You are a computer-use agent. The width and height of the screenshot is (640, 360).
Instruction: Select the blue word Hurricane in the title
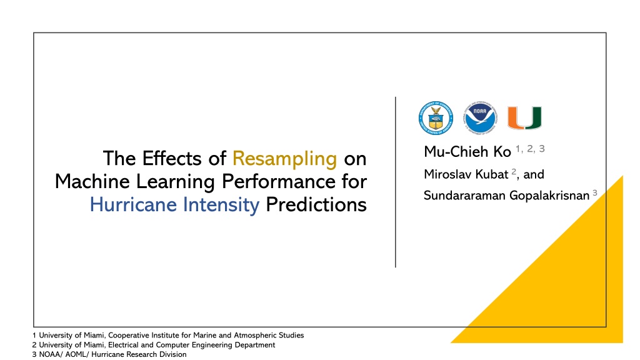133,204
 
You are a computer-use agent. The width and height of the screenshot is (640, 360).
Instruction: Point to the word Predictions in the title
316,204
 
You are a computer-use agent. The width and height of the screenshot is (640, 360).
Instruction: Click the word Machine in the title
92,181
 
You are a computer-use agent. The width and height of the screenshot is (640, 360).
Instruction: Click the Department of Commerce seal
436,118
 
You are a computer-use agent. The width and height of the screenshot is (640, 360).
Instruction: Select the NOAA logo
479,118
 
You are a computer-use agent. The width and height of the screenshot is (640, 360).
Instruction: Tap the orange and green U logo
524,118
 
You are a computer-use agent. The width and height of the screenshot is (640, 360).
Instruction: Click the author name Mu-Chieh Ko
467,152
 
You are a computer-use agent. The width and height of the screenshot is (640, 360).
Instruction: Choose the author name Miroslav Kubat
466,175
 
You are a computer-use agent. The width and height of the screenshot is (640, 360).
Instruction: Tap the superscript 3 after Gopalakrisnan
595,192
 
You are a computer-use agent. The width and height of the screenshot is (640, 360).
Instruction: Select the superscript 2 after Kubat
514,171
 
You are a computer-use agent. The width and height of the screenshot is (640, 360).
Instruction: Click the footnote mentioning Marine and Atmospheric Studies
168,335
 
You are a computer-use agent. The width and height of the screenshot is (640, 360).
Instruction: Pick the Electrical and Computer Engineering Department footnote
154,345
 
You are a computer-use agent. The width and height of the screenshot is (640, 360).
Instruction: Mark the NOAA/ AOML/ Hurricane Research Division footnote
109,354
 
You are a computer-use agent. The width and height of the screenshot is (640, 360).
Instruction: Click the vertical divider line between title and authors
396,182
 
